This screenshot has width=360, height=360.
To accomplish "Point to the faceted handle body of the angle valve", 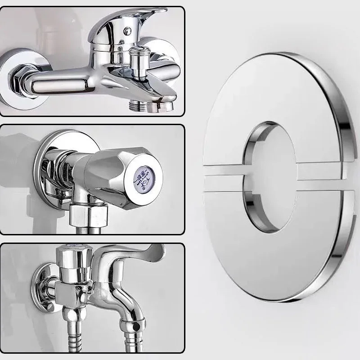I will coord(110,171).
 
